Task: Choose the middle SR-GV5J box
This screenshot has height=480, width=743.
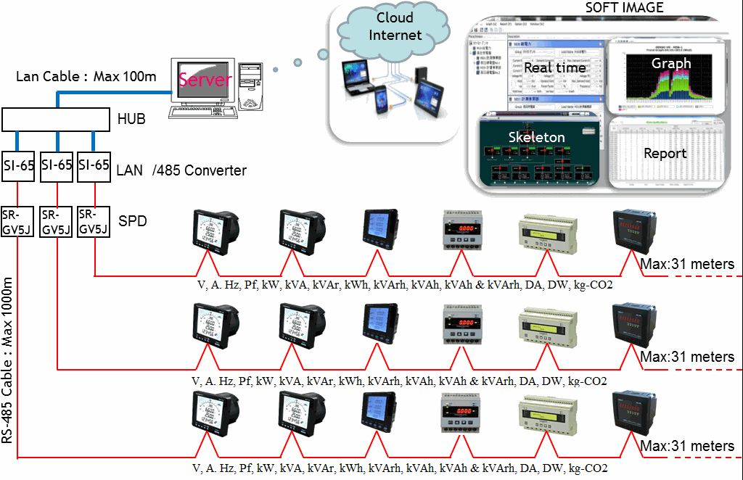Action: point(56,223)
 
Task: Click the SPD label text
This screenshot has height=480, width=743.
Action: point(133,220)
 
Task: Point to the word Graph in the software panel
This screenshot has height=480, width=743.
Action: point(670,63)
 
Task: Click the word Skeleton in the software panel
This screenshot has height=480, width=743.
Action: point(536,136)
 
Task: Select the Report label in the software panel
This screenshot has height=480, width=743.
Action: point(665,154)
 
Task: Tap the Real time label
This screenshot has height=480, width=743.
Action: point(554,67)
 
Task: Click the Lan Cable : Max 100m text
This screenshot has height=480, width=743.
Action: point(86,76)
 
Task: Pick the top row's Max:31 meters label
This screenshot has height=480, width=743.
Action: point(687,265)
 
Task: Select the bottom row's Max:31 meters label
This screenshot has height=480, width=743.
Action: point(687,444)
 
